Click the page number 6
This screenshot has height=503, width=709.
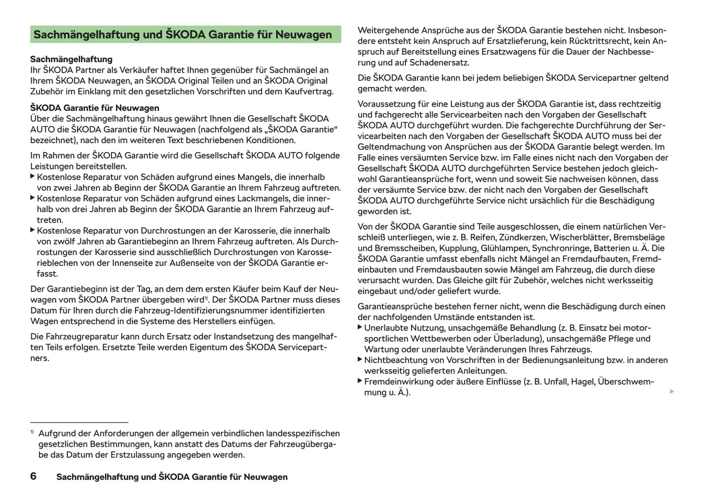click(x=33, y=476)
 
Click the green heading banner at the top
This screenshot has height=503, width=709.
click(x=185, y=34)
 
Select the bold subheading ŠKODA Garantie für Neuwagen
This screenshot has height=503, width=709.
click(x=95, y=108)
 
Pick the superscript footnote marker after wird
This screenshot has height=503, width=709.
click(x=207, y=298)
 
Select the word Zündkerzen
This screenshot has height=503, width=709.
click(x=522, y=238)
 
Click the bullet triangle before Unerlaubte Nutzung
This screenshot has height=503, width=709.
click(x=360, y=327)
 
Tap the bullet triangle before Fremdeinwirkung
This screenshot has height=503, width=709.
click(x=360, y=381)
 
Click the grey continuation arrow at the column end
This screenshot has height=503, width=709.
click(x=672, y=392)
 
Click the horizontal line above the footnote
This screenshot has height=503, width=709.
click(x=79, y=422)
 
